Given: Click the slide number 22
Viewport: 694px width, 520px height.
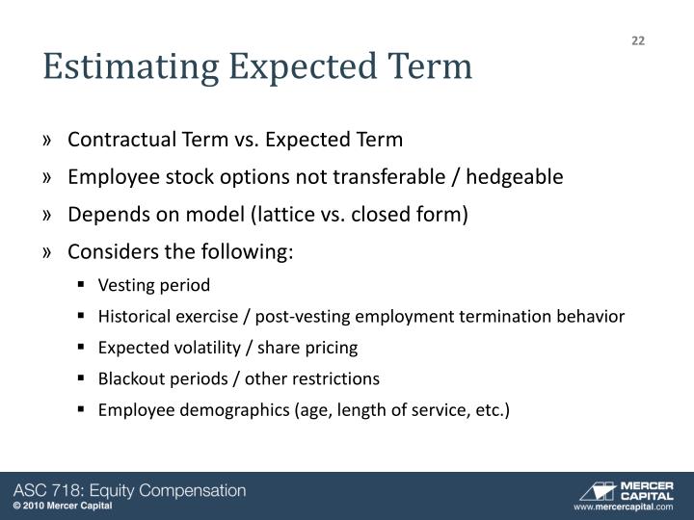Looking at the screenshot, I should click(638, 40).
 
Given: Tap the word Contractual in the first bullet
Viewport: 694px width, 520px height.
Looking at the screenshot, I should click(120, 141).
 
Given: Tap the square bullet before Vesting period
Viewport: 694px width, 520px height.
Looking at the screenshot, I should click(84, 286).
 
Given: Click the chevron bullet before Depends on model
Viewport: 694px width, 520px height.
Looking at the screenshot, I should click(48, 215).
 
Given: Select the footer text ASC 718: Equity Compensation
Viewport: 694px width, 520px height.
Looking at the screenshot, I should click(129, 490).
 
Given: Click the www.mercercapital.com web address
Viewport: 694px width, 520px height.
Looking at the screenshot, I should click(623, 507).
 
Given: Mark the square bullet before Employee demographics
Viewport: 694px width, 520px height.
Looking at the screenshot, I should click(84, 410).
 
